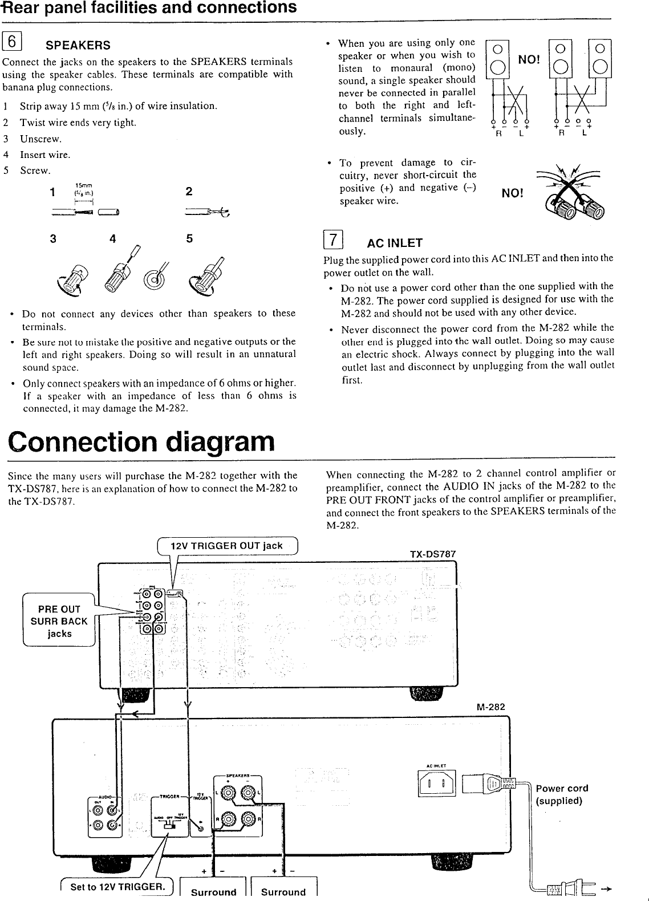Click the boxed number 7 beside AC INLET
[x=333, y=240]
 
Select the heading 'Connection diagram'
[x=141, y=441]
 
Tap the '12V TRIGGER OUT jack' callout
[x=226, y=546]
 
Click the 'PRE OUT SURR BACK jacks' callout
[x=59, y=621]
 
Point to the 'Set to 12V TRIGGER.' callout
[x=117, y=886]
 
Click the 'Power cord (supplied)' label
[x=561, y=794]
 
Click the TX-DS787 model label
[x=433, y=554]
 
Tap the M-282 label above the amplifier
[x=490, y=707]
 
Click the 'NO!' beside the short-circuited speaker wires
[x=512, y=193]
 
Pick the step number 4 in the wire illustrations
[x=112, y=239]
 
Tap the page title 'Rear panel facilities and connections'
[x=149, y=8]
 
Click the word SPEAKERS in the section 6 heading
[x=78, y=45]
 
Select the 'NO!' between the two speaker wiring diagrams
[x=529, y=60]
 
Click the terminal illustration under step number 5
[x=206, y=274]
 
